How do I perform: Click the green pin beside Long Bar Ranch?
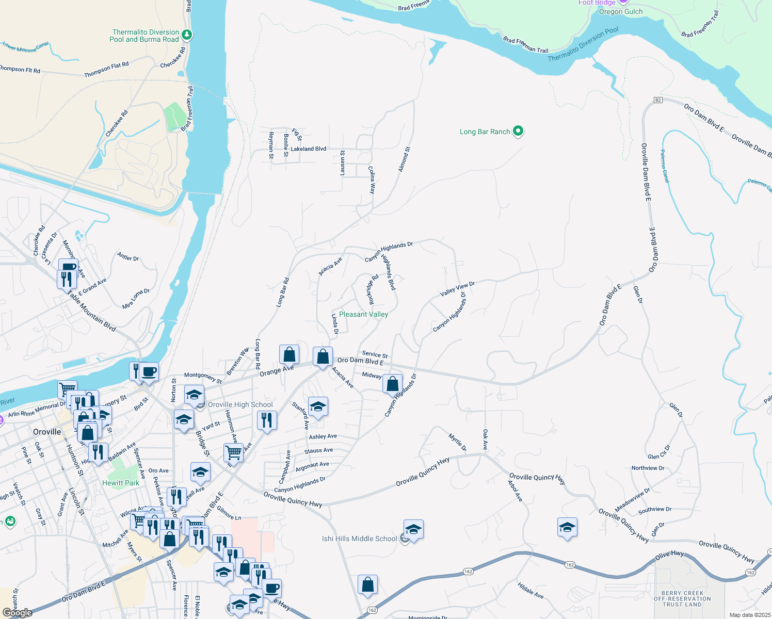point(518,132)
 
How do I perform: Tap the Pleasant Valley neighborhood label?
point(363,314)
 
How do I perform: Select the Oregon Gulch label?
point(621,12)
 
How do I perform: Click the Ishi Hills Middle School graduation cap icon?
point(413,530)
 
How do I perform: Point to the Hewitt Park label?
point(120,483)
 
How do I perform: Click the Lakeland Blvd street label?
point(308,149)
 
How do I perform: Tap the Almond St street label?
point(404,159)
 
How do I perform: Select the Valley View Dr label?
point(457,289)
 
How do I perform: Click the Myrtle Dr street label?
point(457,442)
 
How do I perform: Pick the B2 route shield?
point(657,100)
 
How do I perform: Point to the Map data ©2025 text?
point(749,615)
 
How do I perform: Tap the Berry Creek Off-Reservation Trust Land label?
point(682,599)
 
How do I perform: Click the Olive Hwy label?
point(669,555)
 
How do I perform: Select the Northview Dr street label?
point(648,468)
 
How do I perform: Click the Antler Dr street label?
point(128,257)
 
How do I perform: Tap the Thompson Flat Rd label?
point(106,70)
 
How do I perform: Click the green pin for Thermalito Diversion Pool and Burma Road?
point(187,35)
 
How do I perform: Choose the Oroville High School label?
point(240,404)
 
